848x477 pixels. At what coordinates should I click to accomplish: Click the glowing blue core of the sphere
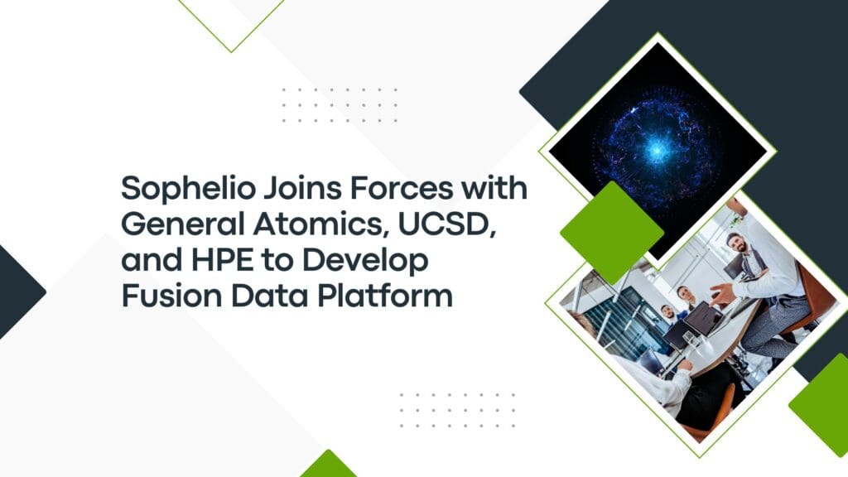657,149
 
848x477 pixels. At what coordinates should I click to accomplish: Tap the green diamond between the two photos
612,233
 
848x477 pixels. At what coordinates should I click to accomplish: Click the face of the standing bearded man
737,243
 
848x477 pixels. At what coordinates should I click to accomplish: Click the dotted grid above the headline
340,104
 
